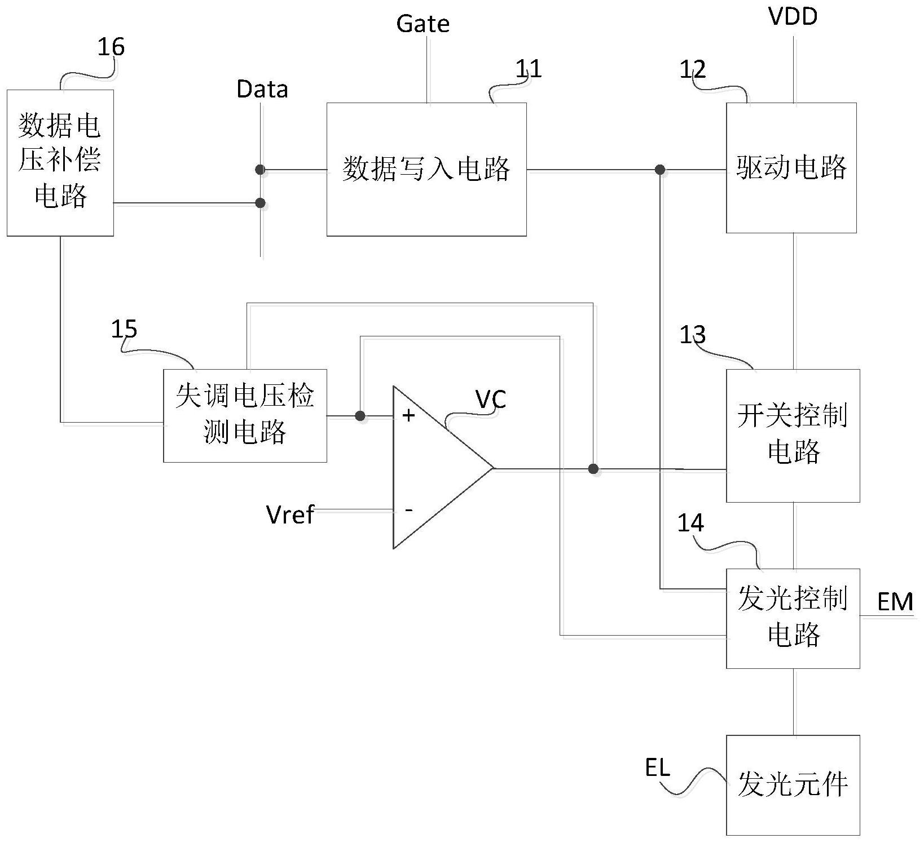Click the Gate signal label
point(423,24)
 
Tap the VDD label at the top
point(793,17)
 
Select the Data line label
point(262,90)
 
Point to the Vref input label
point(289,514)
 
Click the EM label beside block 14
point(895,602)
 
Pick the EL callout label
point(657,767)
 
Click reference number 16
point(111,47)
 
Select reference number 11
point(529,69)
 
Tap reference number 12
point(692,70)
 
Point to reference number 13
point(692,335)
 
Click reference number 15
point(124,329)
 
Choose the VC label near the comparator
point(491,400)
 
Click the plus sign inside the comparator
point(408,416)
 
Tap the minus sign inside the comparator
point(408,510)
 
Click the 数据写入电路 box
point(426,169)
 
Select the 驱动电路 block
point(791,168)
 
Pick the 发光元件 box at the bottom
point(793,784)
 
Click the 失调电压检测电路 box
point(245,415)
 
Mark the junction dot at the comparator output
point(593,468)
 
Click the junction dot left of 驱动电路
point(659,169)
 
